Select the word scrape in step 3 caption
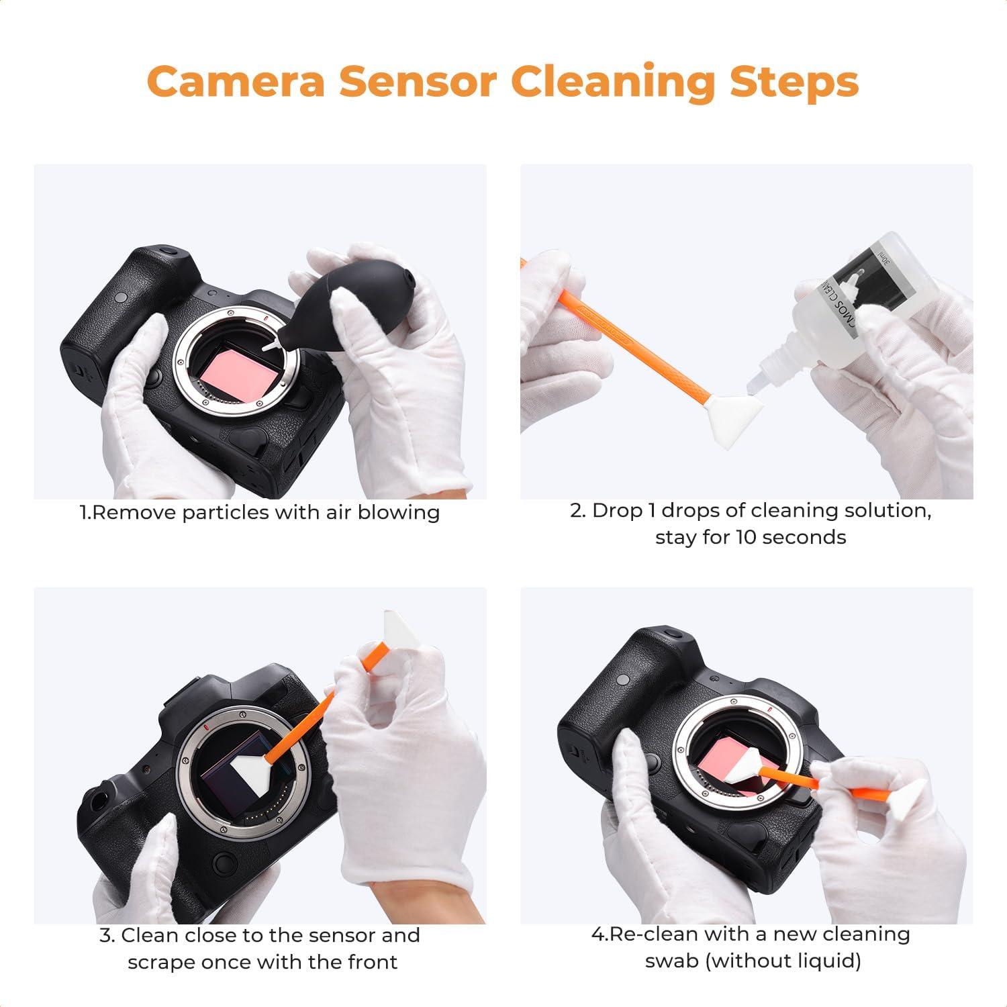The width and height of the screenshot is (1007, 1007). [x=159, y=962]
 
